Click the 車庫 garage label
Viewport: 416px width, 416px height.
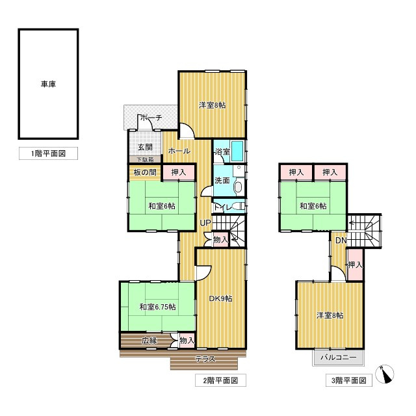48,84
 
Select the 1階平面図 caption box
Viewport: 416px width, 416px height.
48,153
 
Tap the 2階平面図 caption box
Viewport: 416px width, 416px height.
220,380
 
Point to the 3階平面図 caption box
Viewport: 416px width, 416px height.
349,380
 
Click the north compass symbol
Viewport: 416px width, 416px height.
385,374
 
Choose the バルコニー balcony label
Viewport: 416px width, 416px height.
338,357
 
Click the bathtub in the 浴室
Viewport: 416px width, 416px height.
237,151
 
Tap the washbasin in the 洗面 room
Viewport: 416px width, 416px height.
238,187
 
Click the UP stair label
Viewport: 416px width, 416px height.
205,223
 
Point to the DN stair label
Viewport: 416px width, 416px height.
341,240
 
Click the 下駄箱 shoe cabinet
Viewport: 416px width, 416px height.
145,159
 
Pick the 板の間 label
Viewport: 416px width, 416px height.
145,172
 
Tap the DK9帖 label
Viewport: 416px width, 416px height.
220,298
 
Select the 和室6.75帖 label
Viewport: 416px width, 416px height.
157,307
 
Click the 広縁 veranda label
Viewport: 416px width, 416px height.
149,341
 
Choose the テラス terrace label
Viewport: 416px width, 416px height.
205,359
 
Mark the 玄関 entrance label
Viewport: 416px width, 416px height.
145,147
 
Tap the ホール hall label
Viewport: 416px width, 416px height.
179,151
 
